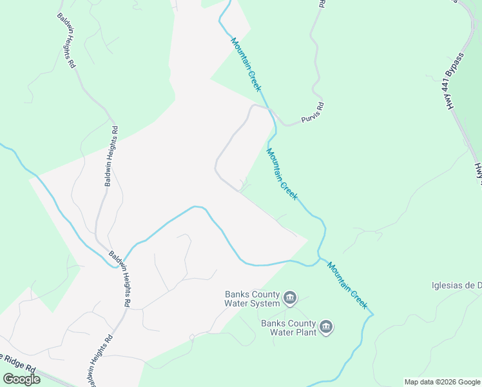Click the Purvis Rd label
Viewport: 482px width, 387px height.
(x=312, y=113)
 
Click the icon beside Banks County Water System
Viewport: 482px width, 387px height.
(x=289, y=298)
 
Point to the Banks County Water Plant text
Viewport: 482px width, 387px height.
(x=288, y=328)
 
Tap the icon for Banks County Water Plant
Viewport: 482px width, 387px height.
(x=326, y=328)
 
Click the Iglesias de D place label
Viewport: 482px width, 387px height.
(x=456, y=286)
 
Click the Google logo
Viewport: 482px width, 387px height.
(x=21, y=379)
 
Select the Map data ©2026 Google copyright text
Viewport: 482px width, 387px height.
(x=443, y=382)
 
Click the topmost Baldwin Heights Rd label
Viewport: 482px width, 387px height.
(x=66, y=41)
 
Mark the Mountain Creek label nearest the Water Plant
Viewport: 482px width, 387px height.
(x=347, y=284)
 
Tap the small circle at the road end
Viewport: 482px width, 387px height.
(x=191, y=337)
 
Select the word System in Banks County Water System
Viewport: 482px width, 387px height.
(x=266, y=303)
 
